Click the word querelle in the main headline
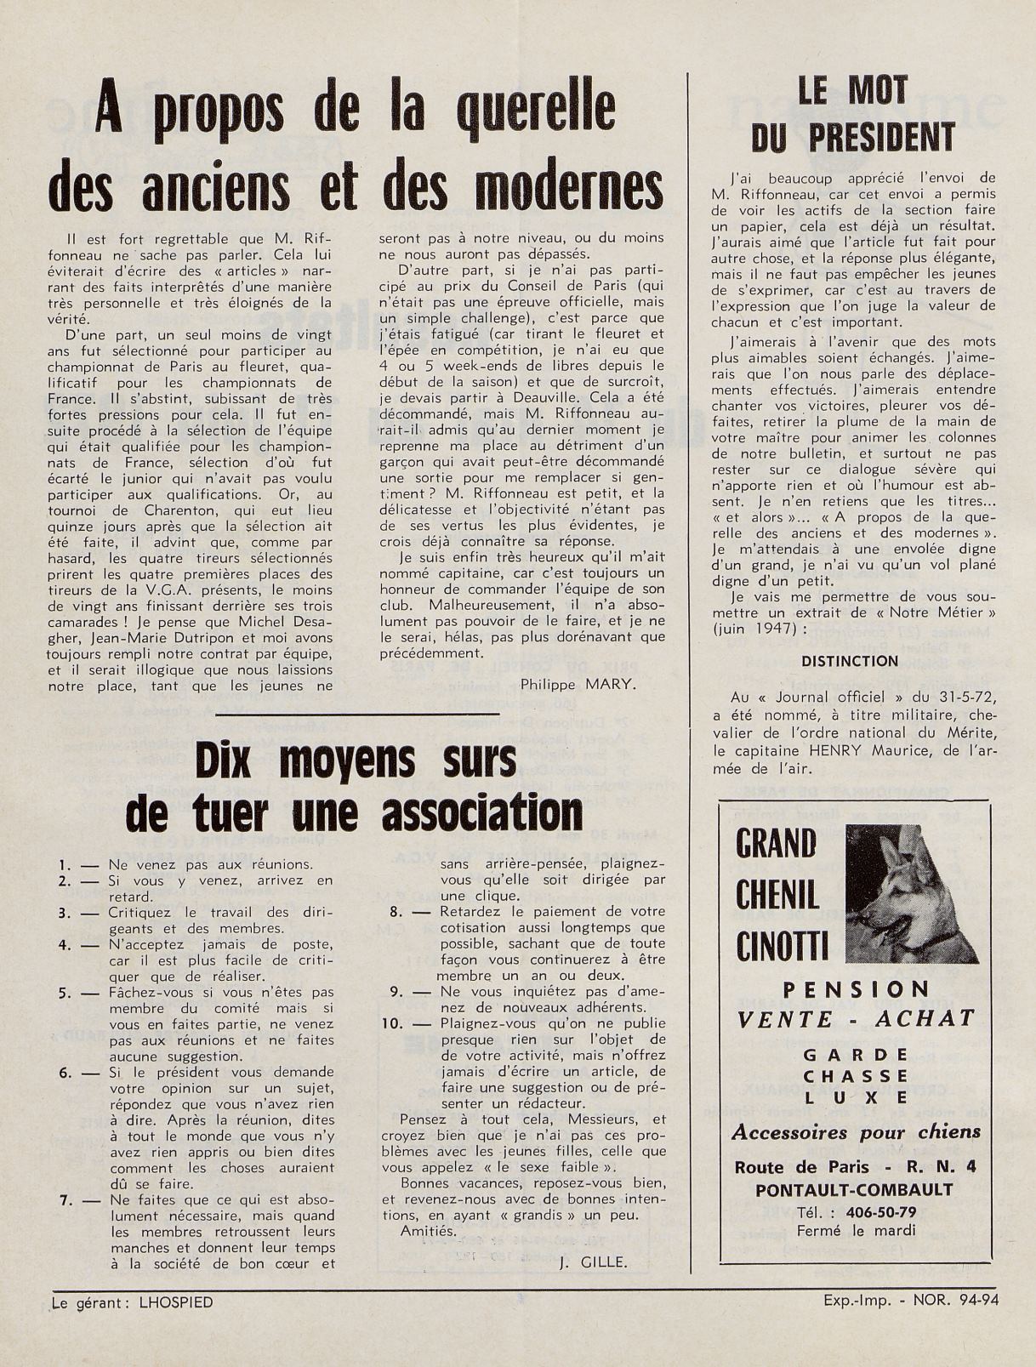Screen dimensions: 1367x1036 537,117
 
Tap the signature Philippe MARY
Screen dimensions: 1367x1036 577,684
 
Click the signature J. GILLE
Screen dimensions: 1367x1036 593,1263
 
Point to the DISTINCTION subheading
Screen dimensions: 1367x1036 850,661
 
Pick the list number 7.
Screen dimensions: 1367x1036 65,1199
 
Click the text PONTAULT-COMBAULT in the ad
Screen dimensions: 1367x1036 854,1190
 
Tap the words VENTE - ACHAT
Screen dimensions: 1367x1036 855,1018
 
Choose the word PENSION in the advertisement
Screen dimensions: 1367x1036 856,989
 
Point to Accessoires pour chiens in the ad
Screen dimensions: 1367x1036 856,1132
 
